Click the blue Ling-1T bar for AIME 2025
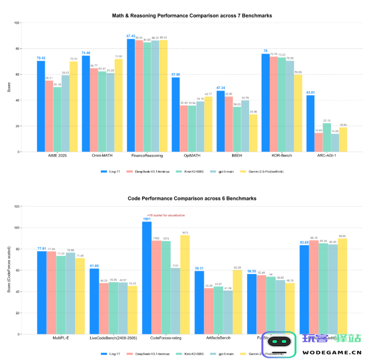(x=41, y=106)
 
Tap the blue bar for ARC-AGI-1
(x=310, y=124)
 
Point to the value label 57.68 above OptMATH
(x=176, y=75)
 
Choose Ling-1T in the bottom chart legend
(x=117, y=354)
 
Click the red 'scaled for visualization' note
(x=165, y=215)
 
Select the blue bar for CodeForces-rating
(x=147, y=278)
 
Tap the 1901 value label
(x=147, y=218)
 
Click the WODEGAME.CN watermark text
(x=331, y=353)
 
